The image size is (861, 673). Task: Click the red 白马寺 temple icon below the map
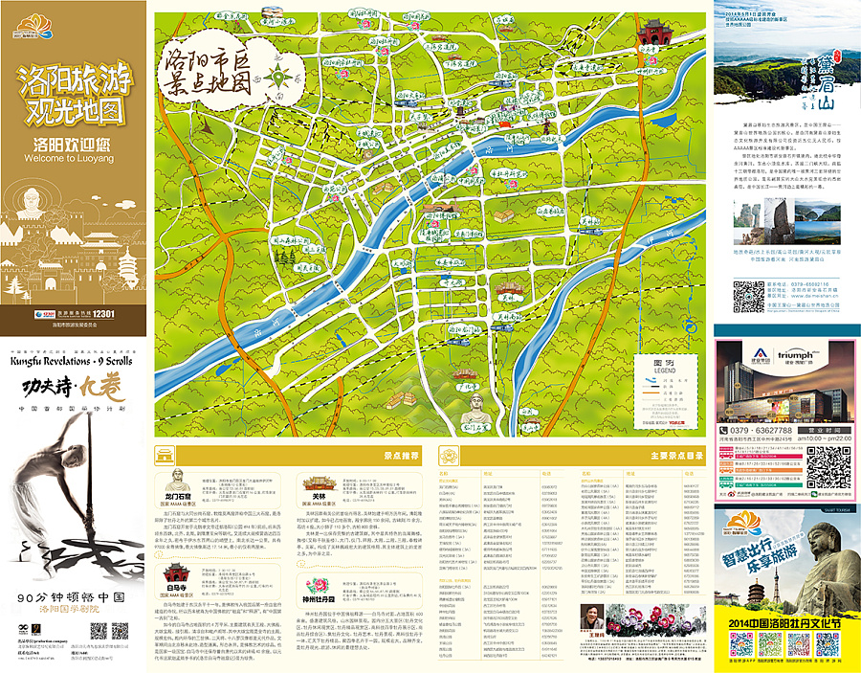coord(175,575)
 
